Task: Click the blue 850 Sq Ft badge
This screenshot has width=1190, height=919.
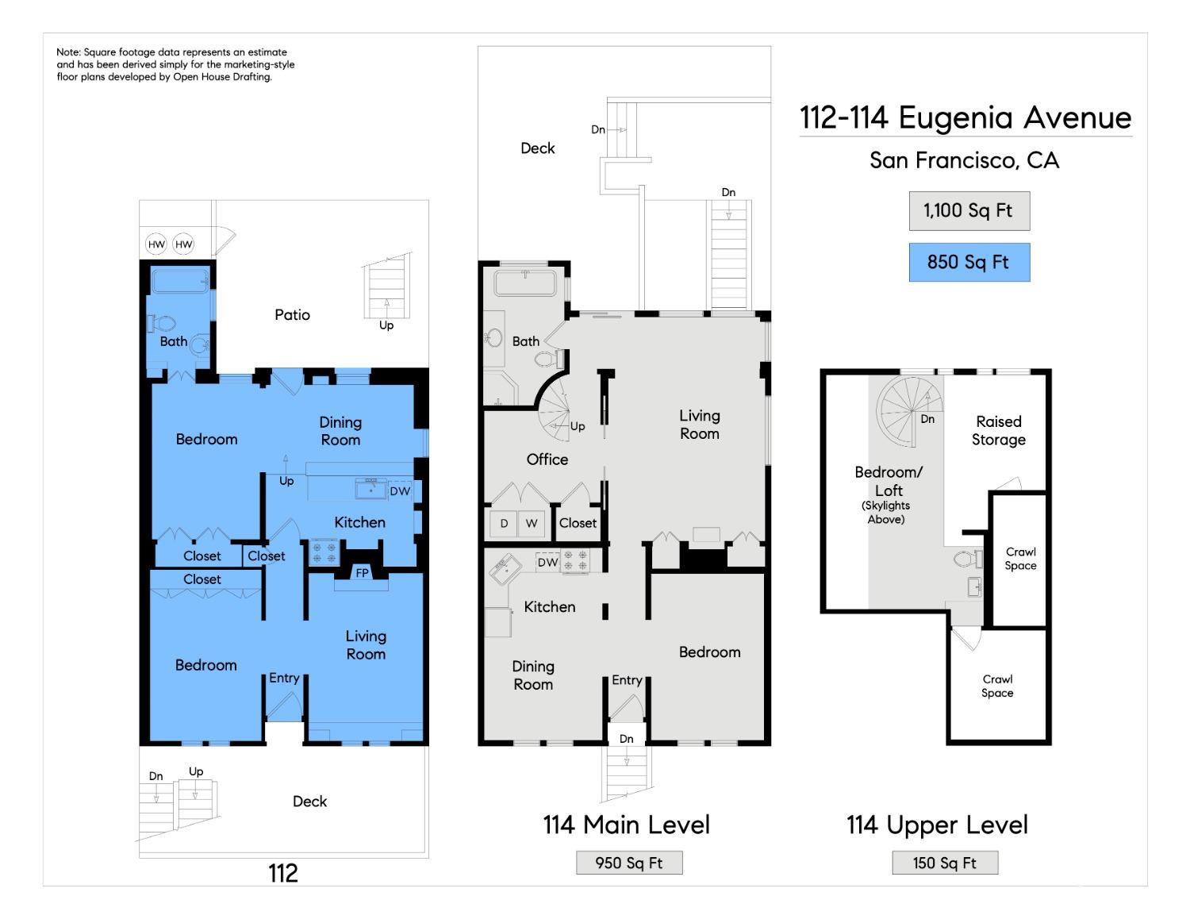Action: (969, 262)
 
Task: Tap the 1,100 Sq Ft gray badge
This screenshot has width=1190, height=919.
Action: (969, 211)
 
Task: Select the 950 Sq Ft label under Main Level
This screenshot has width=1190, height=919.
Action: (628, 863)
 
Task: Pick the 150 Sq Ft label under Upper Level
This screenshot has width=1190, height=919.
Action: (945, 863)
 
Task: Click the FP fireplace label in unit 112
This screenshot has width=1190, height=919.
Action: (362, 573)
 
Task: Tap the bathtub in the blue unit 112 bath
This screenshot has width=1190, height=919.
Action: (180, 282)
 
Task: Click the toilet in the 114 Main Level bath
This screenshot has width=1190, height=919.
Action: (548, 360)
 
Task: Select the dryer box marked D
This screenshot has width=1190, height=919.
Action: (504, 524)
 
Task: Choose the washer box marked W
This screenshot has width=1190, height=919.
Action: (532, 524)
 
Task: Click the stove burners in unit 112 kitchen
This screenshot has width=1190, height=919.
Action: (324, 552)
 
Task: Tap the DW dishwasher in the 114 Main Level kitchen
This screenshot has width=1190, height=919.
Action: (547, 563)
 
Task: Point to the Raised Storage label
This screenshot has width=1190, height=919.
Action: (999, 430)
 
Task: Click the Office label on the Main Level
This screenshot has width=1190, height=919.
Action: (547, 459)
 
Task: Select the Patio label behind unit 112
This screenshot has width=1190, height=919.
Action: (293, 315)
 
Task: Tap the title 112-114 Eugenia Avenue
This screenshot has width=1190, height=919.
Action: (965, 117)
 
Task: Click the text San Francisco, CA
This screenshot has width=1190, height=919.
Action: (965, 160)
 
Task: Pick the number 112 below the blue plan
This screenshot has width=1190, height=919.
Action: (283, 874)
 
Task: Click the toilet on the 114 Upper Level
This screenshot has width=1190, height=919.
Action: (967, 559)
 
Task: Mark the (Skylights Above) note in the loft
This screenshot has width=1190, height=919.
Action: (885, 513)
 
